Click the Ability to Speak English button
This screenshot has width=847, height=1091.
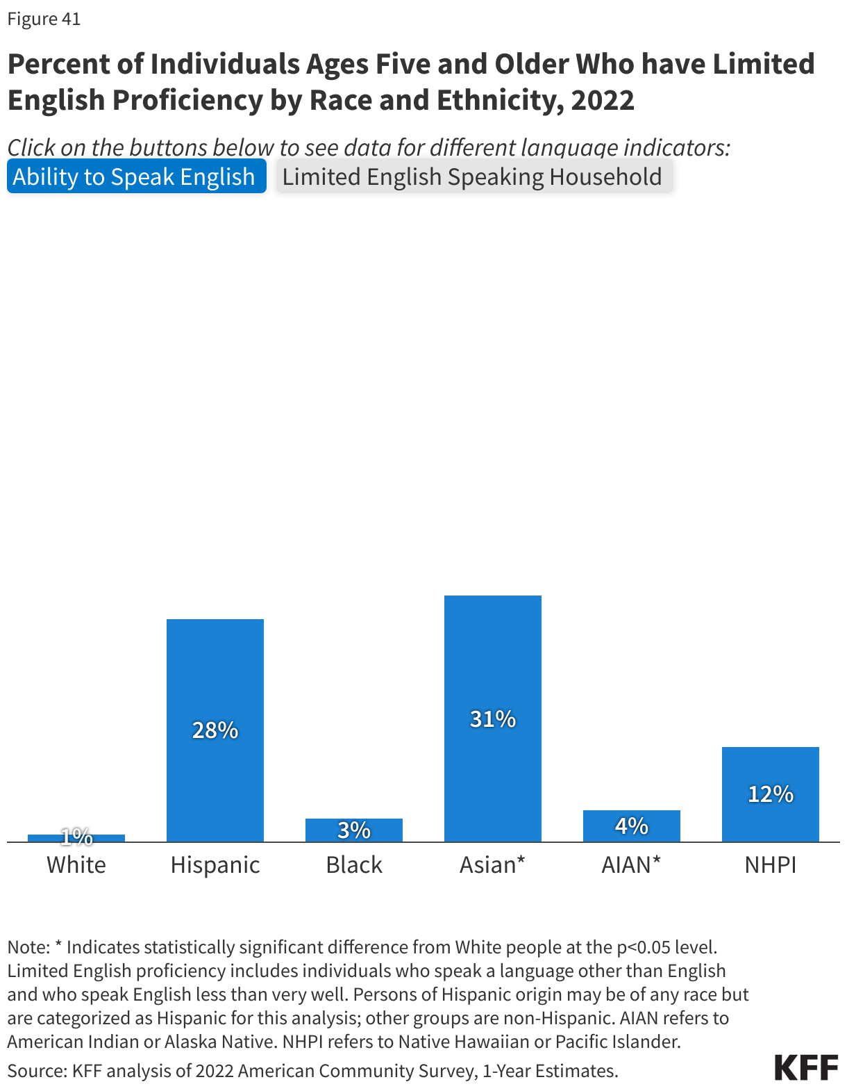[x=136, y=177]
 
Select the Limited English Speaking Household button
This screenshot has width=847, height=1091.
[x=473, y=177]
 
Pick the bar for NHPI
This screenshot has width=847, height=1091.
[x=771, y=764]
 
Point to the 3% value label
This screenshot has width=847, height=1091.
[x=354, y=830]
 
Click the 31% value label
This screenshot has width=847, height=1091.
[x=493, y=719]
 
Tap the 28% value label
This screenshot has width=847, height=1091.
[x=215, y=730]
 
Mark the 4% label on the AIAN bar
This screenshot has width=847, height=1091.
[x=632, y=826]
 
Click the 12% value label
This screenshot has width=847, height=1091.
[x=771, y=794]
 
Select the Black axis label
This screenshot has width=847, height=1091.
[x=354, y=865]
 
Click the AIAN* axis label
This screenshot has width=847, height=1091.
[x=631, y=865]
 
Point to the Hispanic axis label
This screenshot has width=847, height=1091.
[x=215, y=865]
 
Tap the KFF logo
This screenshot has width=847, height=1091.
[x=806, y=1067]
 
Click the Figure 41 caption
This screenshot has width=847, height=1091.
[x=44, y=19]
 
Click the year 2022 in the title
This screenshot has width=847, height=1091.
[x=603, y=100]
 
